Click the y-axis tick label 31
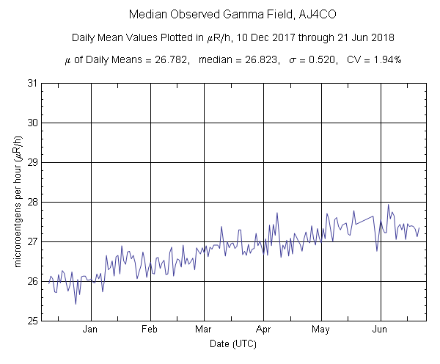[x=32, y=83]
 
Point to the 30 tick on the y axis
[x=32, y=123]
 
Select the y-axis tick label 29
[x=32, y=162]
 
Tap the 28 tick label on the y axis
[x=32, y=202]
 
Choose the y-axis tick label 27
[x=32, y=241]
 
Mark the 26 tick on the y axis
[x=32, y=281]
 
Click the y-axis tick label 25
[x=32, y=321]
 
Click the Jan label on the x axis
[x=91, y=330]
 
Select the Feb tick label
[x=150, y=330]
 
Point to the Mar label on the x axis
[x=204, y=330]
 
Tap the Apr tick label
[x=263, y=330]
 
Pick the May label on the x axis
[x=320, y=330]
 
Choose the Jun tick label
[x=380, y=330]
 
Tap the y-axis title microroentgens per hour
[x=18, y=201]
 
